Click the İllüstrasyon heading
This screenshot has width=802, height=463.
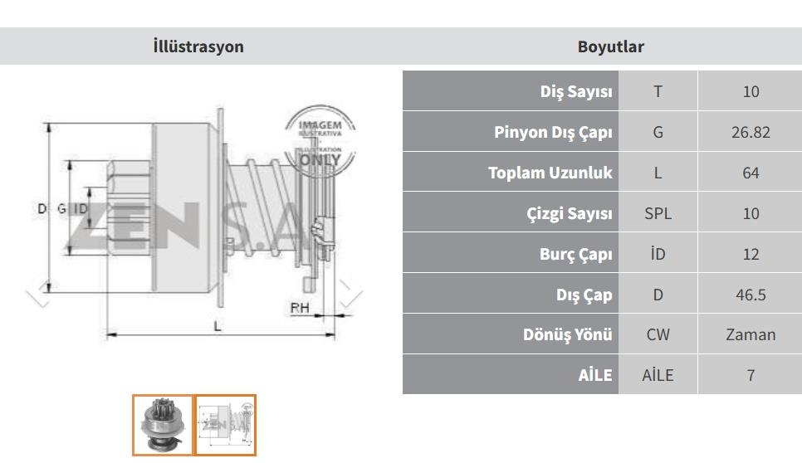click(198, 46)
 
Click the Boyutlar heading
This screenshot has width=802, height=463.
click(611, 46)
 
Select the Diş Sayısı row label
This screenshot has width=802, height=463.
click(576, 91)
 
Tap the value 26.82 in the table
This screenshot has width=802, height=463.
click(751, 132)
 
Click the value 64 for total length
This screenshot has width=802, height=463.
click(751, 173)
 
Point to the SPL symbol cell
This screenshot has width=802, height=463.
click(658, 213)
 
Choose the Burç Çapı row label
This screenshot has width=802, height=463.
click(575, 254)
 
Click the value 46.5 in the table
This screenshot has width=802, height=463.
click(751, 295)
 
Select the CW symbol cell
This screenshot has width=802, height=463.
click(658, 334)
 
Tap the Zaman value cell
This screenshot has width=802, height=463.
click(751, 334)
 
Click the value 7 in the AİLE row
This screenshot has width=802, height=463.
click(751, 375)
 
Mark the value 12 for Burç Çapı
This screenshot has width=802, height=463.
click(751, 254)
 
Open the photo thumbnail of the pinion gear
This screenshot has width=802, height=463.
click(163, 425)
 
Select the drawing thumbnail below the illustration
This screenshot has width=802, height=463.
click(226, 425)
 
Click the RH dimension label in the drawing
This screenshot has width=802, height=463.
click(300, 308)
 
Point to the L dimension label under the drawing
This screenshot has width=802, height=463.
click(218, 326)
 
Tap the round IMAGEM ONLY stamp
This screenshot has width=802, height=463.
click(320, 141)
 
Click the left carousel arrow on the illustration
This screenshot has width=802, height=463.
click(38, 292)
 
